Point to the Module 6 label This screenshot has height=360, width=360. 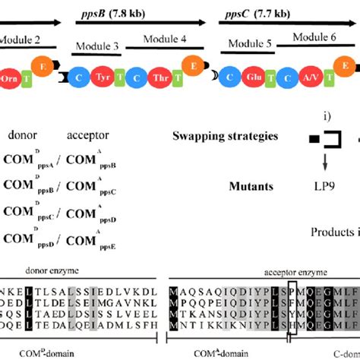pyautogui.click(x=319, y=36)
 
